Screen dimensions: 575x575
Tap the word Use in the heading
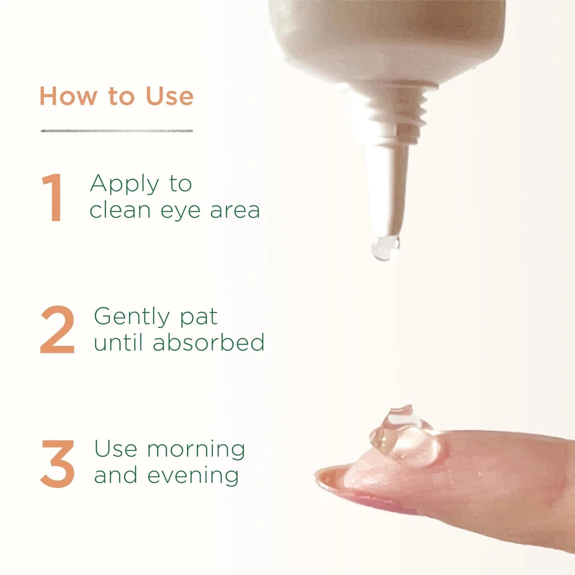[x=170, y=96]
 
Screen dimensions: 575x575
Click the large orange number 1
[x=53, y=197]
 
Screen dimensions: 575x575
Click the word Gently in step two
[x=132, y=318]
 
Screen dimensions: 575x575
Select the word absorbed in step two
[x=208, y=342]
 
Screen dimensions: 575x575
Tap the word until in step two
[x=118, y=342]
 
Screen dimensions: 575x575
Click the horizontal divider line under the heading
[x=116, y=131]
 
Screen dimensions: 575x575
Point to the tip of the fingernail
[x=316, y=473]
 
